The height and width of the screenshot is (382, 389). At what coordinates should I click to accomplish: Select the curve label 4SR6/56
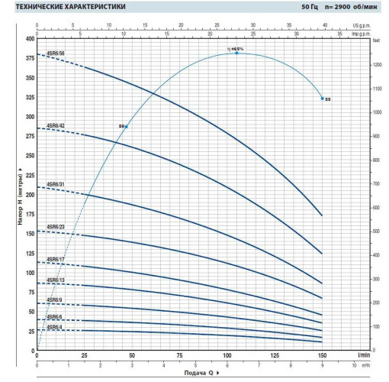point(56,53)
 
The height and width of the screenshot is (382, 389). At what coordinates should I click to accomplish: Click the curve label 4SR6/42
point(56,125)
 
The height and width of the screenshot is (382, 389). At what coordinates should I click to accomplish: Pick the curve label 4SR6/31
point(56,184)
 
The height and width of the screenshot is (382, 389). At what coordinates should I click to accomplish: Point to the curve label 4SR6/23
point(56,227)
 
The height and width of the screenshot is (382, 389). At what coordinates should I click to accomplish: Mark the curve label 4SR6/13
point(56,280)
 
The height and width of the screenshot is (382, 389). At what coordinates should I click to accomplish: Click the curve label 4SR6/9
point(54,300)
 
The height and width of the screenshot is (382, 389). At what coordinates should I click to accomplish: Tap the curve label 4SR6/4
point(54,327)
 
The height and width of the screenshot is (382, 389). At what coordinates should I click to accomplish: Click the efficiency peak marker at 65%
point(236,53)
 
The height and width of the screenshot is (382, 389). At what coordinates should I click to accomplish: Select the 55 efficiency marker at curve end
point(323,98)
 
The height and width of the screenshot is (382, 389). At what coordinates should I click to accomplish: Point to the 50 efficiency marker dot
point(126,125)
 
